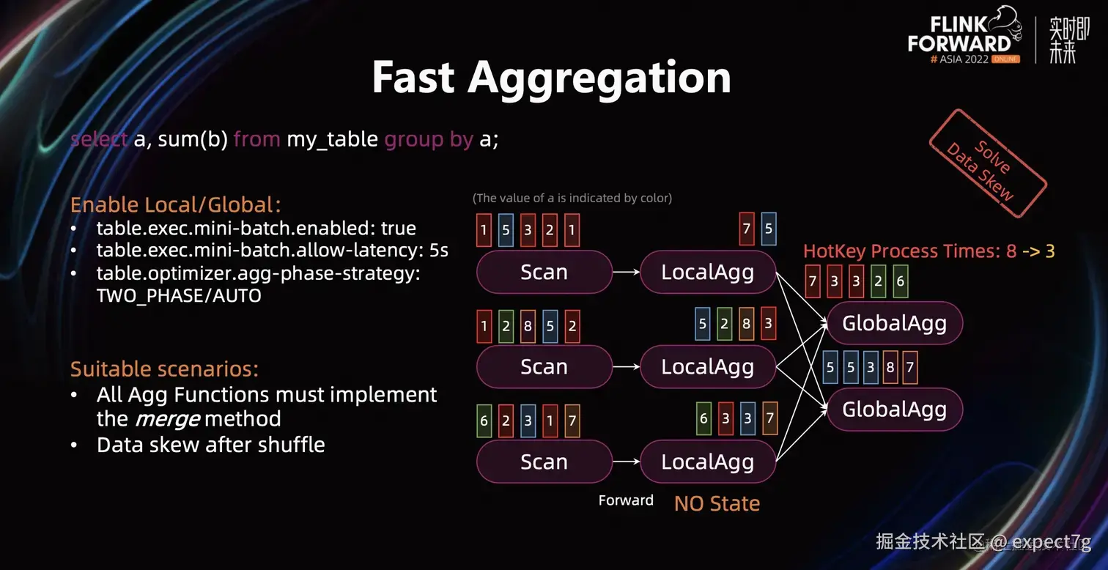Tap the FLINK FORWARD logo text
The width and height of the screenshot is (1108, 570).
point(959,34)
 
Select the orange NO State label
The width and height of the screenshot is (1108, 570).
point(717,503)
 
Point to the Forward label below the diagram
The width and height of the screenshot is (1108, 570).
point(626,500)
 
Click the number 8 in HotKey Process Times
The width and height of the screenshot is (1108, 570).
point(1011,251)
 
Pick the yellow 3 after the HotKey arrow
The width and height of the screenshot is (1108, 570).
point(1049,251)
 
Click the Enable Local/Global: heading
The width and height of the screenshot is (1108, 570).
point(176,204)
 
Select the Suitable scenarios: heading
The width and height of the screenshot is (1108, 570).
point(164,368)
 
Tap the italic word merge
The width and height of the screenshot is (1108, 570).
point(168,419)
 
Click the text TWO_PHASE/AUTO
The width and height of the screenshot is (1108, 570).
point(179,296)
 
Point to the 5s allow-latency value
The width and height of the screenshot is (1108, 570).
point(439,251)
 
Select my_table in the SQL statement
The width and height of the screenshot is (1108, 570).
point(332,138)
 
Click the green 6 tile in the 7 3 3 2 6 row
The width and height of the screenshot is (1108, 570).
point(901,282)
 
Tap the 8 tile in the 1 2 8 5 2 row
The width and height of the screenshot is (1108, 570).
point(528,327)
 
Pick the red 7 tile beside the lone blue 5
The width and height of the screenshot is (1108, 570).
point(747,229)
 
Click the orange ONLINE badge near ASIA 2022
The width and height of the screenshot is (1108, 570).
point(1005,59)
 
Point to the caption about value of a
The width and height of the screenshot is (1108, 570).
point(572,198)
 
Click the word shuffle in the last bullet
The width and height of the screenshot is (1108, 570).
point(287,445)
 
